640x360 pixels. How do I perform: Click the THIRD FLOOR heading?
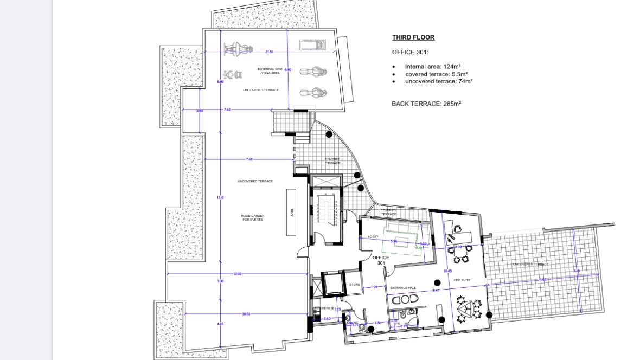click(x=413, y=37)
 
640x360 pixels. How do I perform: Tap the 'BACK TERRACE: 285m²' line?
click(x=426, y=103)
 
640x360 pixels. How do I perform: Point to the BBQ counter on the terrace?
click(x=291, y=212)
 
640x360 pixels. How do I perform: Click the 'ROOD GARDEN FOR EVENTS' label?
click(x=253, y=217)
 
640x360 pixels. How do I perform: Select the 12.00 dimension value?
click(x=237, y=274)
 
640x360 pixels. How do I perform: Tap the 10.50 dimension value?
click(x=246, y=314)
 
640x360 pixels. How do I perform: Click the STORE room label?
click(x=355, y=284)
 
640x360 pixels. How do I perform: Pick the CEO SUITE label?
click(x=462, y=280)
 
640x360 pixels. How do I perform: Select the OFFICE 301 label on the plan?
click(x=381, y=260)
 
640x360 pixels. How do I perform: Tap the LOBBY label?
click(x=373, y=236)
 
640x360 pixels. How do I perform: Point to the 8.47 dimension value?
click(x=436, y=291)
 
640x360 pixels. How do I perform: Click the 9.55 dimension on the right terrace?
click(x=543, y=280)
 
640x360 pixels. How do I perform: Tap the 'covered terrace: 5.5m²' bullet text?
click(x=436, y=74)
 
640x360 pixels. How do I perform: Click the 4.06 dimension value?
click(x=220, y=324)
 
